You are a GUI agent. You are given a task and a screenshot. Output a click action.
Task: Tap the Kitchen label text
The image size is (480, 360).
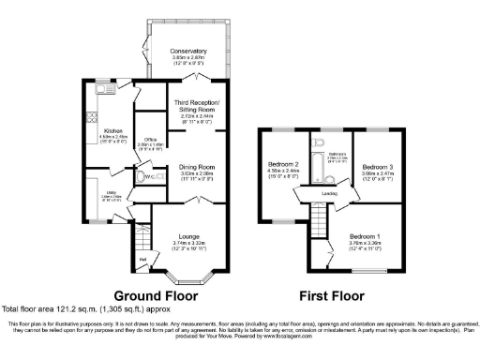[x=113, y=130]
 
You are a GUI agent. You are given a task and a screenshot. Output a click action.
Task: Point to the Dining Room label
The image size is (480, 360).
[x=199, y=166]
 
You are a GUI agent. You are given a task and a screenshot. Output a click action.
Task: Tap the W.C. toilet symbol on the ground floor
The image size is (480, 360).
[x=140, y=176]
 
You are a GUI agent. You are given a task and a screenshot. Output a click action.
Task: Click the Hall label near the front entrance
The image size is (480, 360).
[x=143, y=258]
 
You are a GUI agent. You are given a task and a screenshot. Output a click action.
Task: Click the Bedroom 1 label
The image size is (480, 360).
[x=367, y=235]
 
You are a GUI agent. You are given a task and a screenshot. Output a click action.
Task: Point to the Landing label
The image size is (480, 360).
[x=329, y=194]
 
